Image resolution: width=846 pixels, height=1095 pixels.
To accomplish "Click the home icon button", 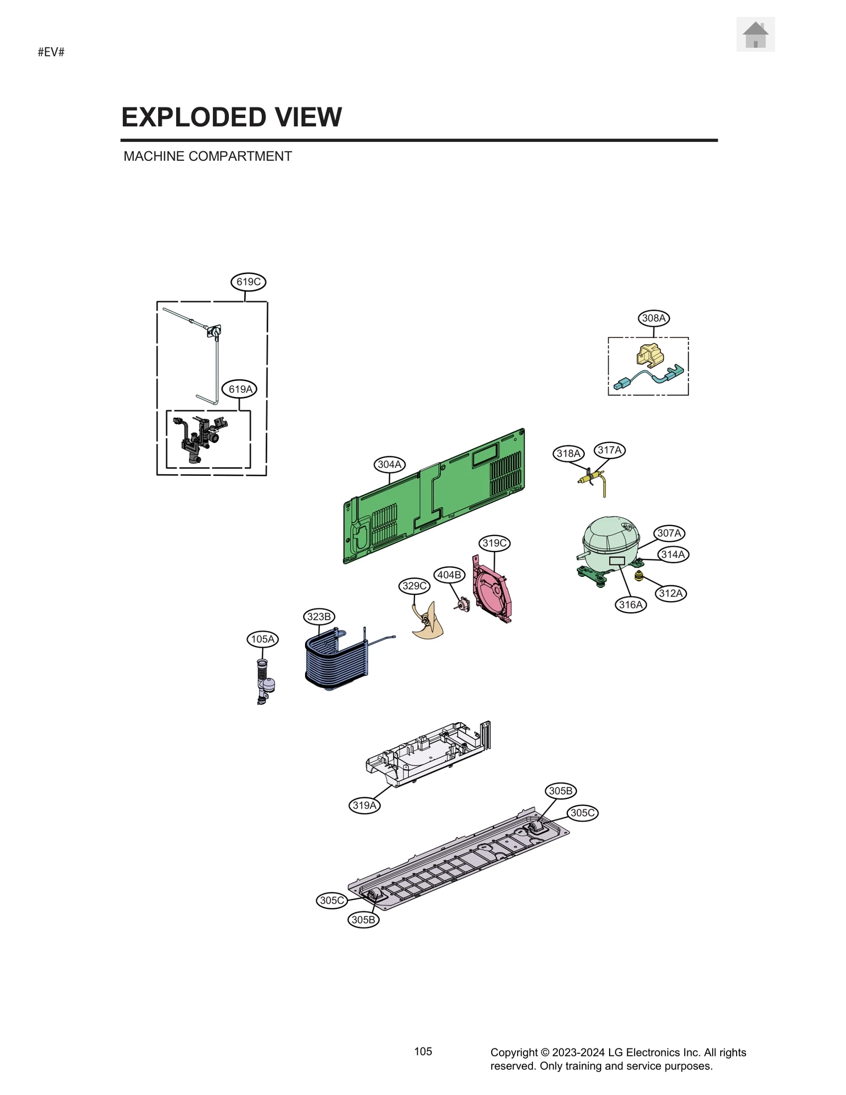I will (755, 34).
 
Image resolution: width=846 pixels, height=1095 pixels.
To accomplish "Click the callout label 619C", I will (248, 282).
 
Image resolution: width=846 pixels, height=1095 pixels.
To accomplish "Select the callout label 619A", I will (240, 389).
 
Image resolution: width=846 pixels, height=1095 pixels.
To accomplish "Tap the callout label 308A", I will (654, 318).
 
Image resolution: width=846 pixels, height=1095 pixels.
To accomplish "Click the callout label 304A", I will (390, 464).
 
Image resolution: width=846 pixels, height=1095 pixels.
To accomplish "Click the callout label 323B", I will (319, 616).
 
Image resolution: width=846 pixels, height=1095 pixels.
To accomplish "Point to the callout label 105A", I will (263, 639).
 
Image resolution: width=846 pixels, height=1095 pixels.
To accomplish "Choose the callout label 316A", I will (631, 604).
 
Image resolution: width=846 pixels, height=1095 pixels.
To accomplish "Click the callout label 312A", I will (670, 593).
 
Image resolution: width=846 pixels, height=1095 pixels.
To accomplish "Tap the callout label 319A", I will (364, 805).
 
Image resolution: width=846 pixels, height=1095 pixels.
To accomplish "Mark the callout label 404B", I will (449, 575).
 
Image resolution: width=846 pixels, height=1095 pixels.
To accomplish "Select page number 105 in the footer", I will (423, 1051).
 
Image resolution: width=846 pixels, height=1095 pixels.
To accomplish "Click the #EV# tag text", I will (51, 52).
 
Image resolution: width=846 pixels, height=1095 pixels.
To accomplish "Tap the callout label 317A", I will (610, 450).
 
